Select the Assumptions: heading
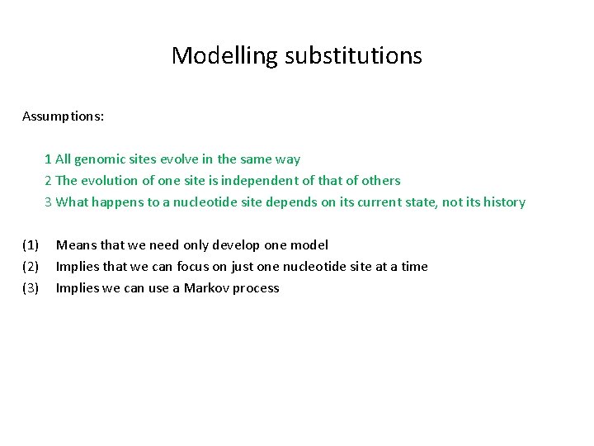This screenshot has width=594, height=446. (x=64, y=116)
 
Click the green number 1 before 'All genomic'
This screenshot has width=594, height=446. (x=49, y=159)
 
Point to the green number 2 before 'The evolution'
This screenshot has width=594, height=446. (x=49, y=181)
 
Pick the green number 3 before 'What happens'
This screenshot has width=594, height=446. (x=49, y=202)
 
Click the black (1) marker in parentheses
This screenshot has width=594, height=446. (x=31, y=245)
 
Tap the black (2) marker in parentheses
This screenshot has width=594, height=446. (x=31, y=267)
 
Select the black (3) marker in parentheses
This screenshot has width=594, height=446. (x=31, y=288)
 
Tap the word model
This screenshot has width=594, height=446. (x=310, y=245)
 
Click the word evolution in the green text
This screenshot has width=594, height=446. (x=108, y=181)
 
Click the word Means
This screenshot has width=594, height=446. (x=76, y=245)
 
